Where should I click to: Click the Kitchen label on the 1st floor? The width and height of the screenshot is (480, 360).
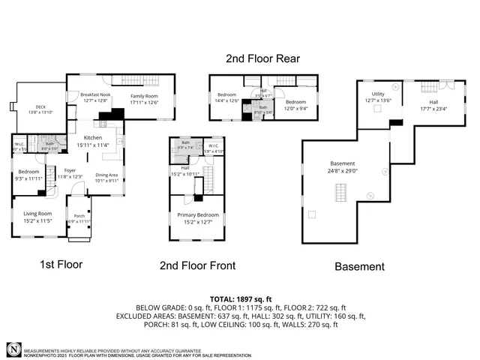tap(92, 138)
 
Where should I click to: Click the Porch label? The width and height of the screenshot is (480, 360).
tap(78, 217)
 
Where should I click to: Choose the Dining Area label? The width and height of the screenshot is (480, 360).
tap(107, 175)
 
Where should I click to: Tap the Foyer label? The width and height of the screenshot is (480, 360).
tap(70, 170)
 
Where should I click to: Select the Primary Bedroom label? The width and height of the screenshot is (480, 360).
tap(196, 215)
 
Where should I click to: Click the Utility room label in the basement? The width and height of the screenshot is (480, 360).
tap(377, 94)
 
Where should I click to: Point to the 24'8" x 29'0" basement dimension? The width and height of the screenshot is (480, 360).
tap(342, 171)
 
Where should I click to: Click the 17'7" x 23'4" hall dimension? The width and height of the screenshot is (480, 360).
tap(433, 108)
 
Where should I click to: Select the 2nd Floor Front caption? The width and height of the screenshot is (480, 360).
tap(198, 265)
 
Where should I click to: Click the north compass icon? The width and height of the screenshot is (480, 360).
tap(13, 349)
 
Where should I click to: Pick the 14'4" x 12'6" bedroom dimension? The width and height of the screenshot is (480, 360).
tap(227, 101)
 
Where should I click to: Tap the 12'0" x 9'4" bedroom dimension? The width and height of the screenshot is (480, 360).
tap(295, 107)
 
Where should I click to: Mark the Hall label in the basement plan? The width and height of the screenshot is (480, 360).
tap(433, 101)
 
